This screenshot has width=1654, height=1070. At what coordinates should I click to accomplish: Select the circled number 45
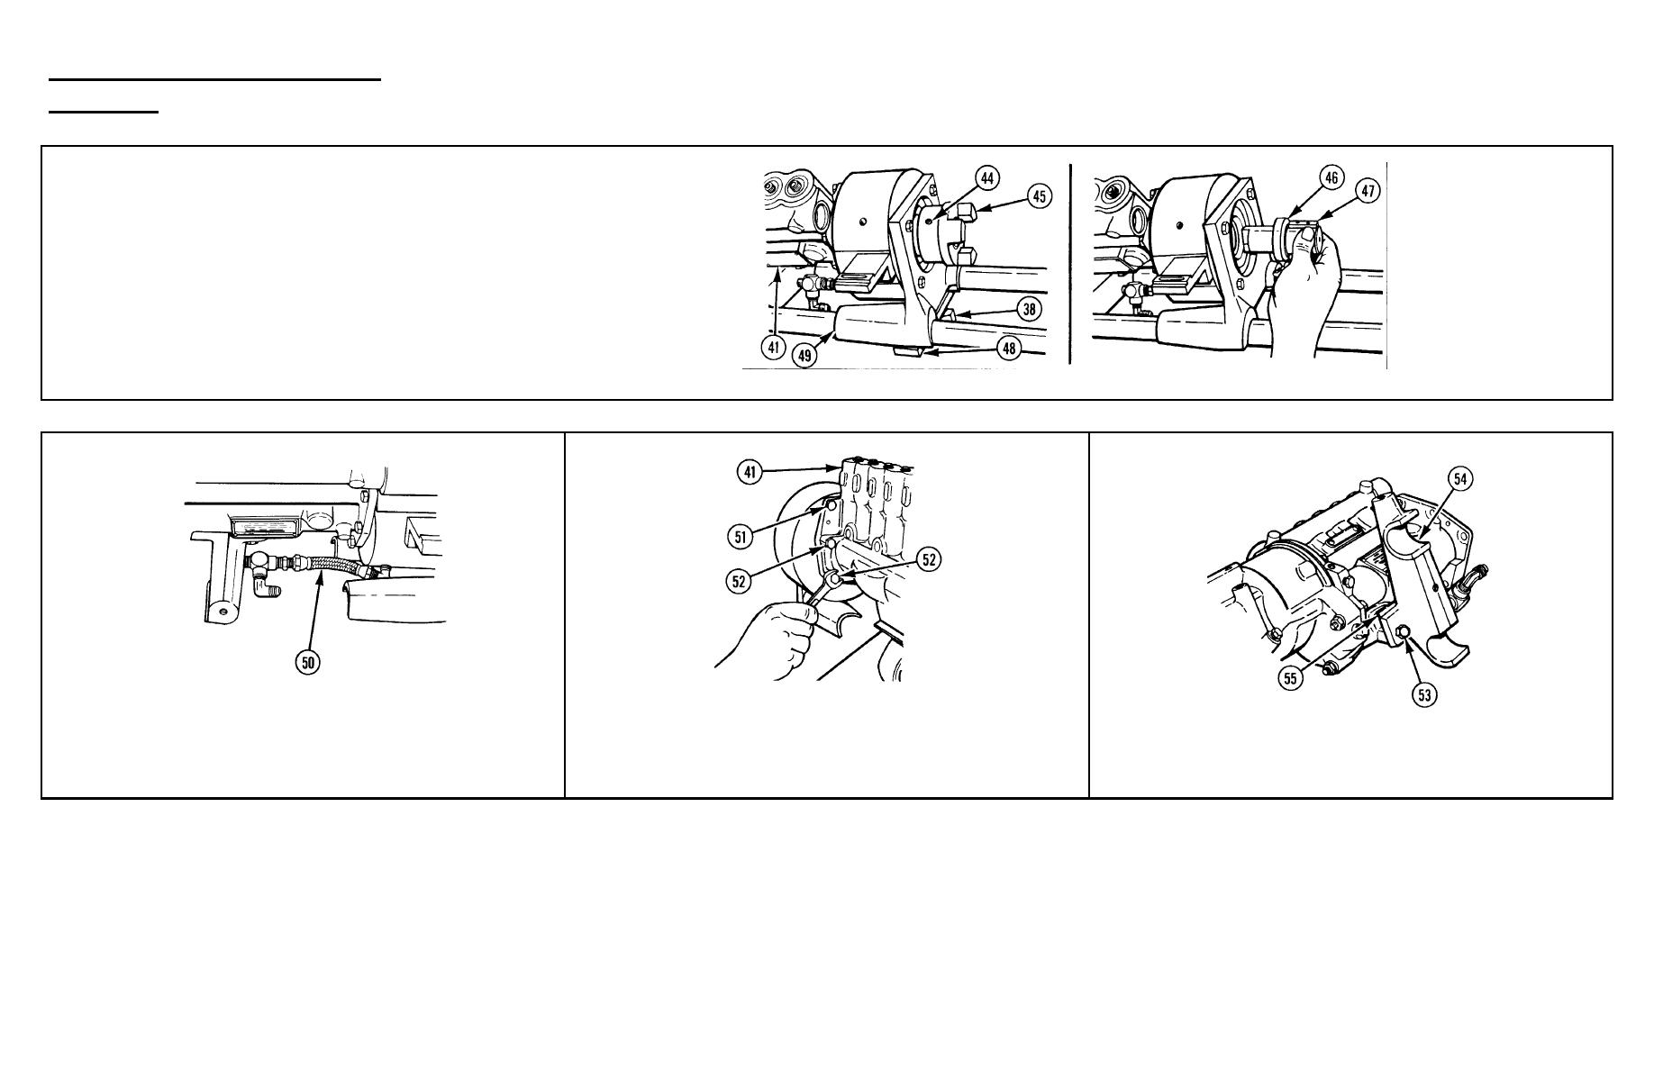pos(1040,195)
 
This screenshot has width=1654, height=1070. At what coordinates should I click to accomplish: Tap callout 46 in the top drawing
pos(1331,177)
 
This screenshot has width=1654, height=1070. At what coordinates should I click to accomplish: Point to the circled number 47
pos(1368,192)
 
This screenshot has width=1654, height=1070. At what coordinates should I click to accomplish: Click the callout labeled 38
pos(1029,309)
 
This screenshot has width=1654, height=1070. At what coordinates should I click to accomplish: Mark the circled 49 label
pos(805,355)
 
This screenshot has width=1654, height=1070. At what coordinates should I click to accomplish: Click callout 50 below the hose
pos(309,663)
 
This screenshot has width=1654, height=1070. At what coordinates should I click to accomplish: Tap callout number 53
pos(1424,694)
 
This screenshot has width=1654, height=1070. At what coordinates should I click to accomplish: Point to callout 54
pos(1460,479)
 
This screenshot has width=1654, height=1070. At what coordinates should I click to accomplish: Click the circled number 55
pos(1291,678)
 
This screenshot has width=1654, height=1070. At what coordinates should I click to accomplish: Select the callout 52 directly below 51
pos(740,581)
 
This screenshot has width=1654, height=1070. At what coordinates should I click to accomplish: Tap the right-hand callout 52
pos(929,559)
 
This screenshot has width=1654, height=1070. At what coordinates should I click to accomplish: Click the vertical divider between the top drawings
pos(1070,264)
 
